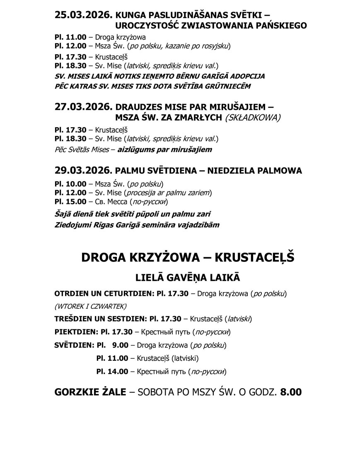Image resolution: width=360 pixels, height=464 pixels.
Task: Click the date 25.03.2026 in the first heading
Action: tap(83, 15)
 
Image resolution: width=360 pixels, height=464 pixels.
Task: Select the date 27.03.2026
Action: tap(83, 107)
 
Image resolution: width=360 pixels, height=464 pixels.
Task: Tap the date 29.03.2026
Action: tap(83, 170)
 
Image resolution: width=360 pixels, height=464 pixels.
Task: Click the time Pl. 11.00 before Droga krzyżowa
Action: tap(70, 37)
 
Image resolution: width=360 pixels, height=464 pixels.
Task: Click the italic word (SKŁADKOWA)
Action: tap(253, 117)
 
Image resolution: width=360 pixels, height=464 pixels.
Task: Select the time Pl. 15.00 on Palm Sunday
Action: tap(70, 202)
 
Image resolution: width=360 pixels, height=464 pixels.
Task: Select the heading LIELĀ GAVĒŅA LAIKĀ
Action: tap(187, 276)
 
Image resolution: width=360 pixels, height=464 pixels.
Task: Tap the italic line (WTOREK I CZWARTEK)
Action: tap(90, 307)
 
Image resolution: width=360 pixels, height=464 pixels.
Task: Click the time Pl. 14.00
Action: tap(112, 371)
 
